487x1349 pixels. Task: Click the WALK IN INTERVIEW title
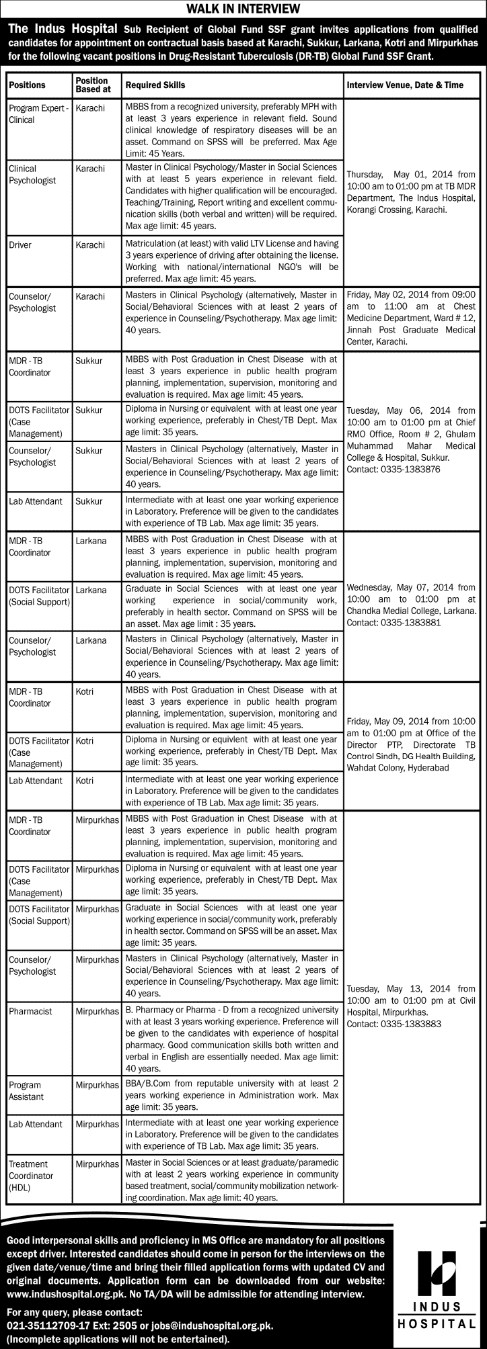[x=243, y=9]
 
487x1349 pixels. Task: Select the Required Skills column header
[x=155, y=85]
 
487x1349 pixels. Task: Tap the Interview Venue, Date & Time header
[x=405, y=85]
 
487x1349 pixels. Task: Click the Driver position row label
[x=22, y=245]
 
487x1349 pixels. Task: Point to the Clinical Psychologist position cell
[x=32, y=175]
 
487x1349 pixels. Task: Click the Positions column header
[x=28, y=85]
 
